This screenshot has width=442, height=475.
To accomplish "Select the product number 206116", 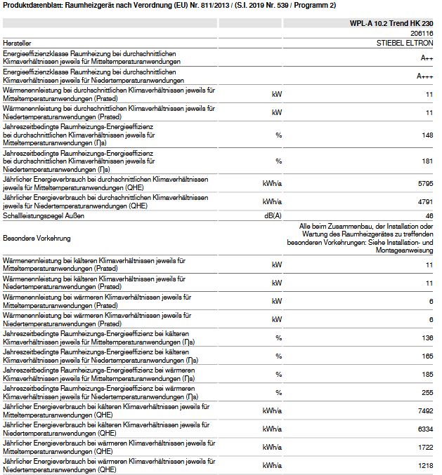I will pos(422,33).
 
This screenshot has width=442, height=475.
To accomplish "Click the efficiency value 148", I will pos(427,135).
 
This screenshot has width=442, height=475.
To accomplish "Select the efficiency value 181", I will pos(427,161).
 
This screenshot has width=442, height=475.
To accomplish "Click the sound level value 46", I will pos(429,215).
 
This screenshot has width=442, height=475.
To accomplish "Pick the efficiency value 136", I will pos(427,337).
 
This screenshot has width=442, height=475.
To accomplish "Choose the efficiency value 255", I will pos(427,392).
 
